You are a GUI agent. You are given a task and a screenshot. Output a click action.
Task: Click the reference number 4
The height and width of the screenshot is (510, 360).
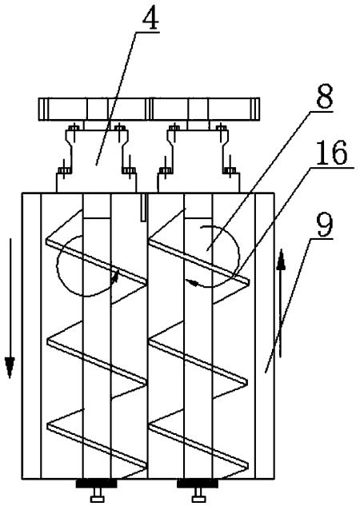150,16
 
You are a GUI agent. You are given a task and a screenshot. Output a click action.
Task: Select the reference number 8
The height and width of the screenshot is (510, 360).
325,96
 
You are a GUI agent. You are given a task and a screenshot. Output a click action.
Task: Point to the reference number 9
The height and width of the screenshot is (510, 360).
325,225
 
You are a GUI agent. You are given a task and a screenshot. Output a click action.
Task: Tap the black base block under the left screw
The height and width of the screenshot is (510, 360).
96,484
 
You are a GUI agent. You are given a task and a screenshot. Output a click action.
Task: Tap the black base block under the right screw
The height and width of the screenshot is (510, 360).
198,484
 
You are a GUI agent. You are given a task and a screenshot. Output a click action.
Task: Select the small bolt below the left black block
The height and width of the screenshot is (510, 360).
97,495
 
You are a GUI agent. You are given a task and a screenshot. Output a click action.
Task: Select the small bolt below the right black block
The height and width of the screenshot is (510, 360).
198,495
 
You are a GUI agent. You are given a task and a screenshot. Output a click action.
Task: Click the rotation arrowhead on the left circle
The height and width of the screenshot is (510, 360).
114,276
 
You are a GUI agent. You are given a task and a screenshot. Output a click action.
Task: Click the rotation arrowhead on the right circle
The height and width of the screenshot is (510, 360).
194,284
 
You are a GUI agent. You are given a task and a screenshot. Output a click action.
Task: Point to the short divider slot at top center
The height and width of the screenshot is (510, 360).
143,208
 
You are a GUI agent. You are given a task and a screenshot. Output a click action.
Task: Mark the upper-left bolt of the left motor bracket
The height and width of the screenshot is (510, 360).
74,128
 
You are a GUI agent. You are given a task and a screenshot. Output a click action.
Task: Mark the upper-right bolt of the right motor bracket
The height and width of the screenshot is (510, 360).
222,128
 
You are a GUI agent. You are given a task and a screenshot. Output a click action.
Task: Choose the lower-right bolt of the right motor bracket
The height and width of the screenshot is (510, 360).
230,170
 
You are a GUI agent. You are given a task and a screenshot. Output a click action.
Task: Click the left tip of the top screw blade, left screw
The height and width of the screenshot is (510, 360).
46,241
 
